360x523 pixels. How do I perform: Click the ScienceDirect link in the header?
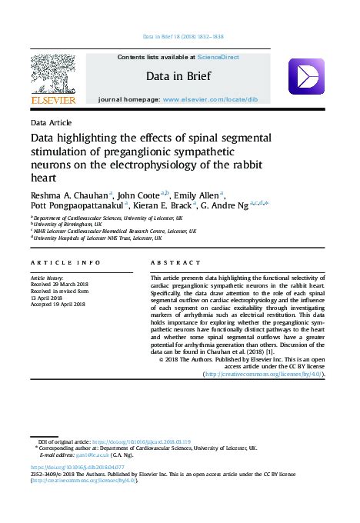218,57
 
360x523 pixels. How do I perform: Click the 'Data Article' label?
51,123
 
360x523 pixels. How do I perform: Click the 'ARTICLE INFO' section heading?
65,262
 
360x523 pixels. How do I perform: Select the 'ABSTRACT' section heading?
172,262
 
